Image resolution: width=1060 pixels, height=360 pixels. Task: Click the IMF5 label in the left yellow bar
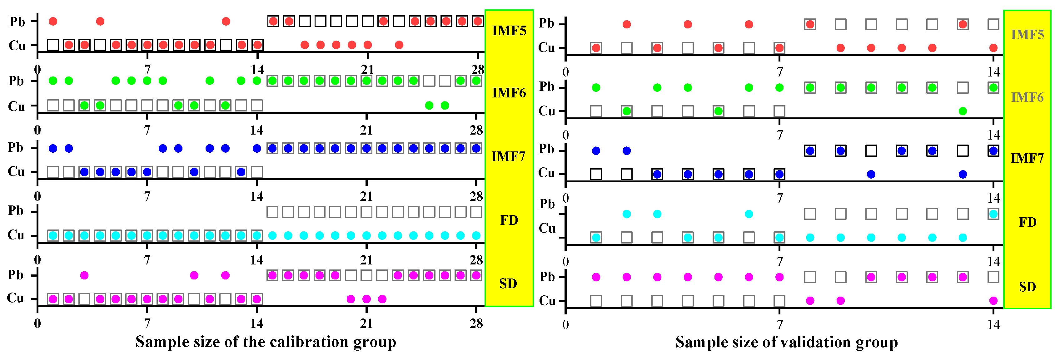[x=509, y=31]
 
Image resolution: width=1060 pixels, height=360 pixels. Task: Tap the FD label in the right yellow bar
[x=1027, y=222]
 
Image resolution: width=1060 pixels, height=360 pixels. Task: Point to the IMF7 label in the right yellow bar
[x=1027, y=158]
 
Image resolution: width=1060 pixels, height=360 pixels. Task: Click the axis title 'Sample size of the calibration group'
[x=266, y=342]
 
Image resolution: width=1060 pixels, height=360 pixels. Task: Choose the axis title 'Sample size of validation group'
[x=786, y=342]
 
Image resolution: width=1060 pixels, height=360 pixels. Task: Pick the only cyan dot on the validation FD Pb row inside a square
[x=993, y=214]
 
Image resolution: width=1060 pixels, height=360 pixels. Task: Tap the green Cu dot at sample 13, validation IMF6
[x=963, y=111]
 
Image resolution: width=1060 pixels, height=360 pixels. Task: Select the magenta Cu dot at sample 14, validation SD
[x=993, y=301]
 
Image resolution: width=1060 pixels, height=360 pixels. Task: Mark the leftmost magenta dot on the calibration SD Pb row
[x=84, y=275]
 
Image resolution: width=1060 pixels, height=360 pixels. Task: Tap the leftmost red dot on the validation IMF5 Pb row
[x=626, y=25]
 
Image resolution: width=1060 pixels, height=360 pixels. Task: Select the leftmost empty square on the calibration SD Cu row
[x=84, y=299]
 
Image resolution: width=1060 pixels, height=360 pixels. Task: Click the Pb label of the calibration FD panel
[x=16, y=211]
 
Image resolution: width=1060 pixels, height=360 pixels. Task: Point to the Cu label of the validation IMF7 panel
[x=546, y=173]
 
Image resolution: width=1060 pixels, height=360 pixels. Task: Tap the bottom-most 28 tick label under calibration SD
[x=476, y=323]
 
